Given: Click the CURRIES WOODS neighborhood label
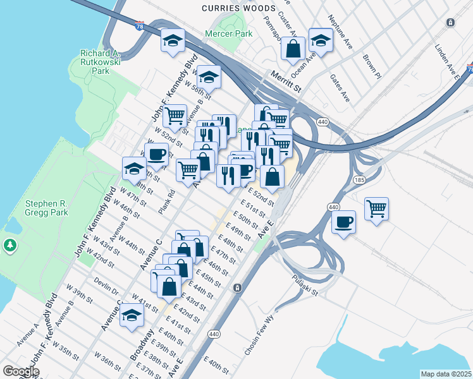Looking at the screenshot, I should click(238, 8).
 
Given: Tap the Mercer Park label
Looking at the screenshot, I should click(228, 33).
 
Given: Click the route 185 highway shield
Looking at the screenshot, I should click(359, 180).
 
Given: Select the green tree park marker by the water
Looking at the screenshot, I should click(9, 244).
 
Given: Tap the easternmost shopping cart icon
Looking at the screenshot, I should click(377, 208).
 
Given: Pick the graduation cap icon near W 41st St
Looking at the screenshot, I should click(132, 315).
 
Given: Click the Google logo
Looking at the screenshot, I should click(21, 371).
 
